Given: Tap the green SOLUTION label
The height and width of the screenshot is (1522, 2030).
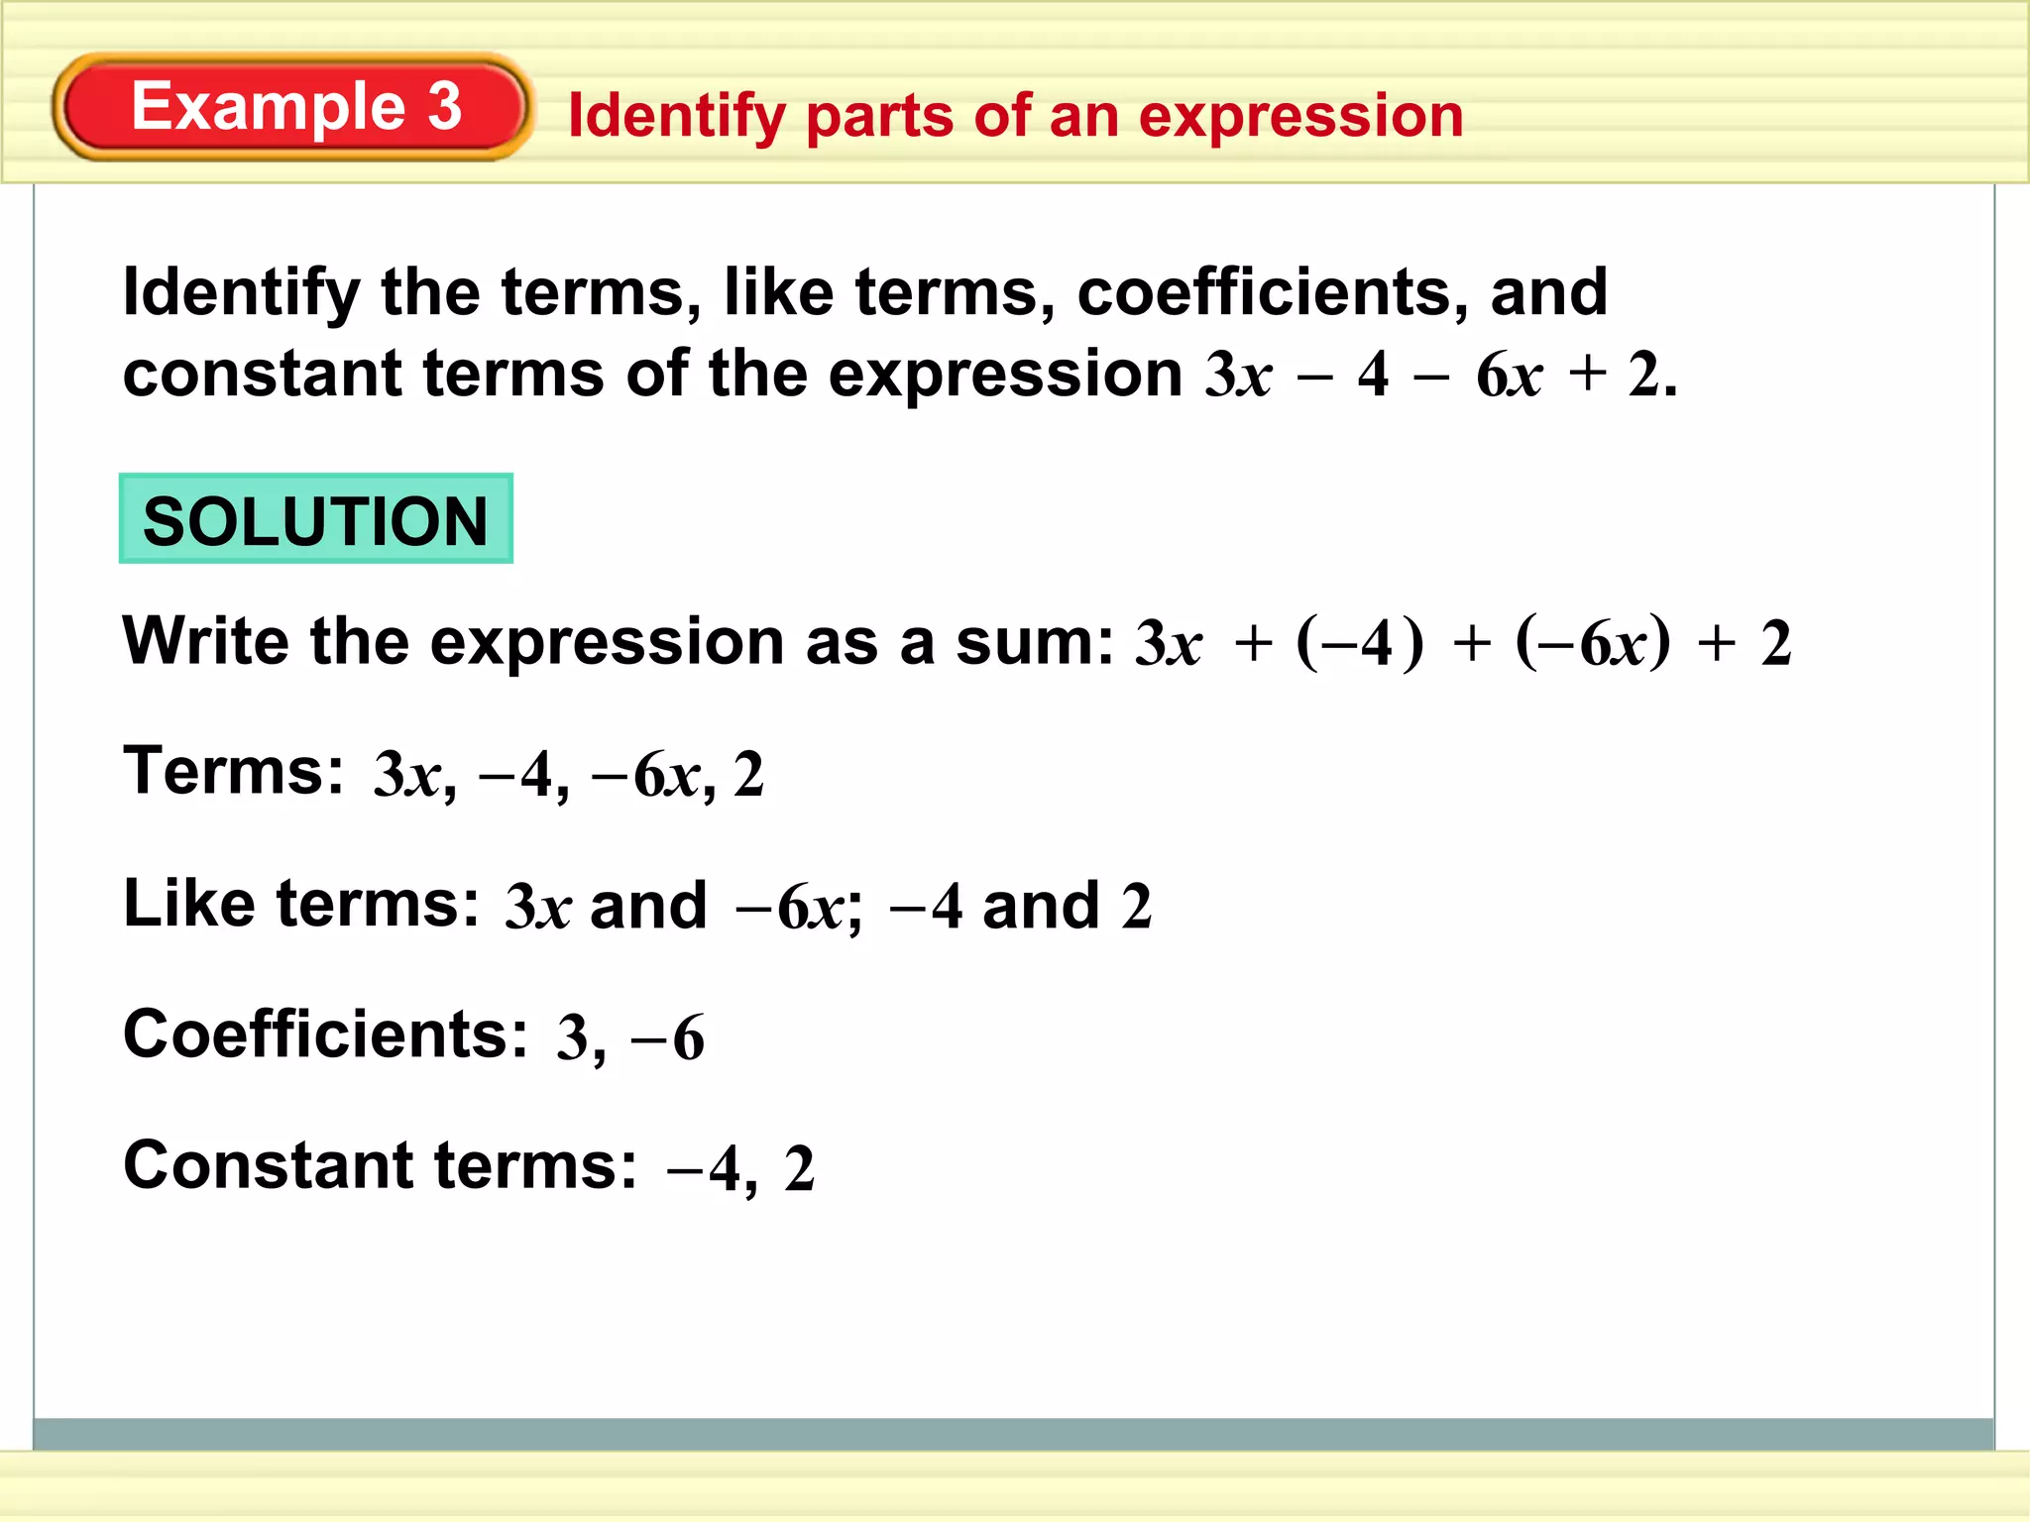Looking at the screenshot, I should [x=315, y=519].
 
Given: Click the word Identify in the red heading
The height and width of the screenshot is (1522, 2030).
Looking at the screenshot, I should [x=676, y=117].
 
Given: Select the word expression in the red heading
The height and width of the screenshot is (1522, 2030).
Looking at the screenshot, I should [x=1300, y=117].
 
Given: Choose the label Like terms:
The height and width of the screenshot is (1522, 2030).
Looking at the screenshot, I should [x=300, y=903].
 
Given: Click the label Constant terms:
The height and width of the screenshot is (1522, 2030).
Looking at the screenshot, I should [x=380, y=1165].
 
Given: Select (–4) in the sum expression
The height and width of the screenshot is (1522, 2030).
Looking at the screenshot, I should [x=1359, y=642].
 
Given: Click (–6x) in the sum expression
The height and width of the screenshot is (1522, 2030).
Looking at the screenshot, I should [x=1592, y=642].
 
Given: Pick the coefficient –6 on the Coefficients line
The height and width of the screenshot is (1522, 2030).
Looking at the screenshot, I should [x=668, y=1038].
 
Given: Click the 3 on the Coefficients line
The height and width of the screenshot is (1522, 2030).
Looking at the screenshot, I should [x=572, y=1038].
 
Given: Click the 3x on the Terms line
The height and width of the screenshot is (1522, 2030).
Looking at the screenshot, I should [x=407, y=775].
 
